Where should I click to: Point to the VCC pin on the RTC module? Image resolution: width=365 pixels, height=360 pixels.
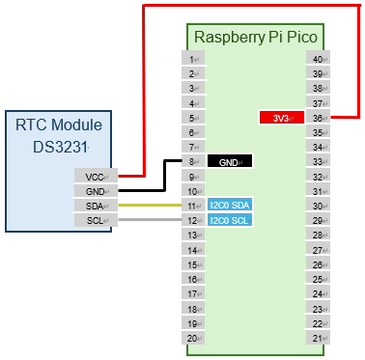click(x=96, y=177)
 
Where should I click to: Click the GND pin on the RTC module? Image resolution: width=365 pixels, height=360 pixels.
click(x=96, y=191)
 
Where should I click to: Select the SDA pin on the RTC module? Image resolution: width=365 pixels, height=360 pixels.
click(x=96, y=206)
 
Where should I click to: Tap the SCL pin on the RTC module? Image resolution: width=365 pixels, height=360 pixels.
click(x=96, y=220)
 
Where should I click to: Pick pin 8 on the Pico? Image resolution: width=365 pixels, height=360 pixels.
click(x=194, y=162)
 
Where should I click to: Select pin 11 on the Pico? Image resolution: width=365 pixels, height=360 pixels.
click(x=194, y=206)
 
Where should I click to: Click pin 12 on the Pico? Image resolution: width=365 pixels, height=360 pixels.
click(x=194, y=220)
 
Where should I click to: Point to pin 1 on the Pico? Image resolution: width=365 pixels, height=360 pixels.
click(x=194, y=59)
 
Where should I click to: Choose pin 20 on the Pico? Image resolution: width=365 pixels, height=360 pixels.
click(x=194, y=338)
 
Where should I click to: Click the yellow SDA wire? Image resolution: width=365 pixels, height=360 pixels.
click(x=150, y=206)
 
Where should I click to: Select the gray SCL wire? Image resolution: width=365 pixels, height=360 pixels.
click(x=150, y=220)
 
